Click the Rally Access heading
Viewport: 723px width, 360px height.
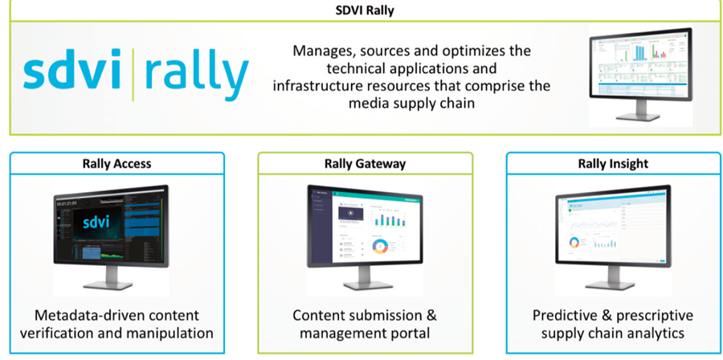click(116, 164)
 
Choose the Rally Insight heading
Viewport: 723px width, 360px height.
click(614, 164)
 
